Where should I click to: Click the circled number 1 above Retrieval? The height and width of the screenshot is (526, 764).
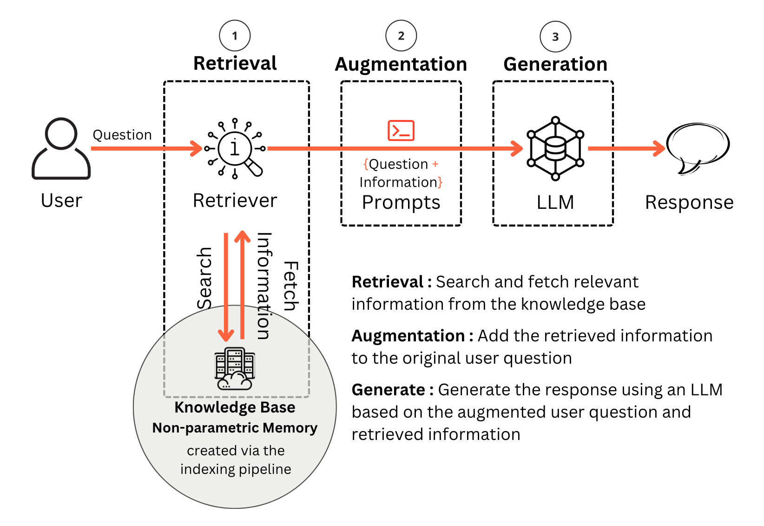click(x=235, y=36)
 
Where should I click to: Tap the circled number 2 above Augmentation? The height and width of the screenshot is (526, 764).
click(x=401, y=36)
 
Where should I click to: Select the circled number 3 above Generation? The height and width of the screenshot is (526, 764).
click(x=555, y=37)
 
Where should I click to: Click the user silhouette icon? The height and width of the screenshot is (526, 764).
click(x=61, y=148)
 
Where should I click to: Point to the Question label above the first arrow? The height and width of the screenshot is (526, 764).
click(x=122, y=135)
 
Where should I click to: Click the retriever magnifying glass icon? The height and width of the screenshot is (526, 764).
click(x=236, y=149)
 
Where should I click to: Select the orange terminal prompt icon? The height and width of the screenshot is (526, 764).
click(x=401, y=130)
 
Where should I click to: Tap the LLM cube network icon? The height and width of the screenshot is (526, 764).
click(x=555, y=148)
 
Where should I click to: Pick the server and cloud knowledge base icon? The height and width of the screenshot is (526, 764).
click(x=235, y=368)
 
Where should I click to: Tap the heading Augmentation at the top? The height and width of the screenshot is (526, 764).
click(x=401, y=64)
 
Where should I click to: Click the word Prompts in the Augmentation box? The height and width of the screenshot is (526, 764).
click(x=401, y=202)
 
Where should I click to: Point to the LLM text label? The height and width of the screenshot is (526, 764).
click(x=555, y=202)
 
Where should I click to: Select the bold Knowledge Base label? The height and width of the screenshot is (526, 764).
click(x=235, y=407)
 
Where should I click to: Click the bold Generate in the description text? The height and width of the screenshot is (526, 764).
click(x=389, y=390)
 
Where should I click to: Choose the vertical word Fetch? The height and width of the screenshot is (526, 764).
click(x=291, y=286)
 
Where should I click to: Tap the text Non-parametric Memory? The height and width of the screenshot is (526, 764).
click(x=235, y=428)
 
